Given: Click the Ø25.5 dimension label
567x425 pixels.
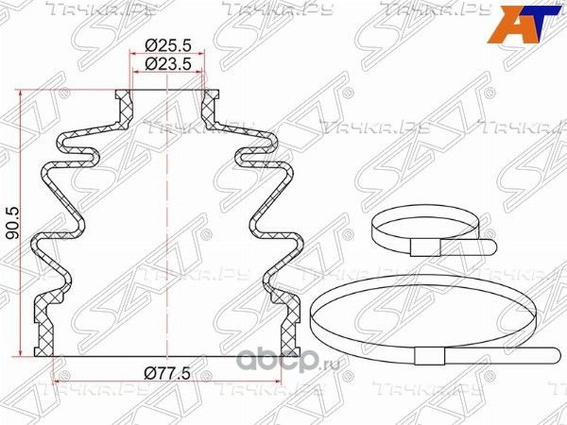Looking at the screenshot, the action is (167, 46).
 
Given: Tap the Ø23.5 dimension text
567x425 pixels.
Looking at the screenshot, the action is (167, 64).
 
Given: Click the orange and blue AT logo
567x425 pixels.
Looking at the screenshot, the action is (524, 25).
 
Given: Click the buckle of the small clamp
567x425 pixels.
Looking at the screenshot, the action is (425, 247).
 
